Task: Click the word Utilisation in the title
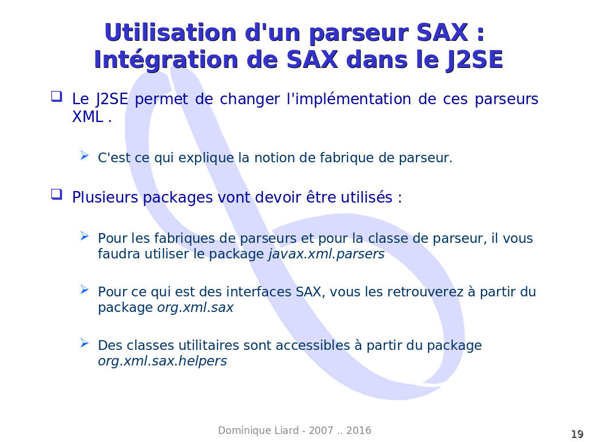coord(170,32)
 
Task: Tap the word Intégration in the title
coord(166,60)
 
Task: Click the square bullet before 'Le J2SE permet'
coord(57,97)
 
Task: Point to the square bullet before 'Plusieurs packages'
coord(57,195)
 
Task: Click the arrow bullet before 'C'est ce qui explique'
coord(85,155)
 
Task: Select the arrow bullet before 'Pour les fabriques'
coord(85,236)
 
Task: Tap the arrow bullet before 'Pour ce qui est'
coord(85,289)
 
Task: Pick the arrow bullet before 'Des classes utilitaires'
coord(85,343)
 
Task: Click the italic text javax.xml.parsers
coord(327,254)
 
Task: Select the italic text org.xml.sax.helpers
coord(162,361)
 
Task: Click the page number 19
coord(577,434)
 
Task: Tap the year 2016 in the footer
coord(359,430)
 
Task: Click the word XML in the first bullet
coord(87,117)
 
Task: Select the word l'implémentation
coord(349,99)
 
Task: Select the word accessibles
coord(313,345)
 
